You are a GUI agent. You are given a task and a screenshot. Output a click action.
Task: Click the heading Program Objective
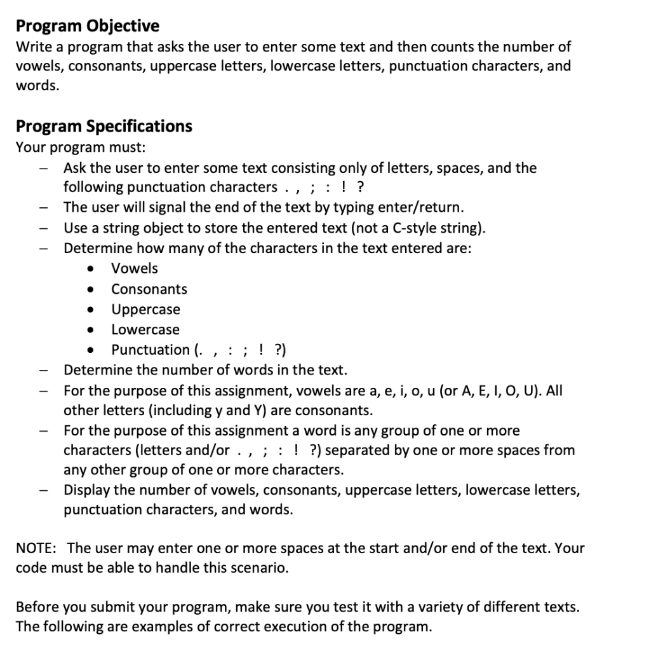[x=87, y=26]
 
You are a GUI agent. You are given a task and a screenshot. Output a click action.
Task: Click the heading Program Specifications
[x=104, y=126]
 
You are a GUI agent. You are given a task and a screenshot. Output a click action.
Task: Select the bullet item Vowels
[x=135, y=268]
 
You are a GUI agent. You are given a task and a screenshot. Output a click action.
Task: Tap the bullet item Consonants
[x=149, y=289]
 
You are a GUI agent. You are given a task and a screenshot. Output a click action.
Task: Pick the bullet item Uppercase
[x=145, y=310]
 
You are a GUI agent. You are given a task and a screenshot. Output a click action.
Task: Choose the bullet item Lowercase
[x=145, y=329]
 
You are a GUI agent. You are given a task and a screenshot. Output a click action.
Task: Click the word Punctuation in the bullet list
[x=150, y=350]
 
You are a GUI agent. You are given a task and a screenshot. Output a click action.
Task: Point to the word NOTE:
[x=37, y=548]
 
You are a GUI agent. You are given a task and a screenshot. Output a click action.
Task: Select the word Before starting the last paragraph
[x=37, y=606]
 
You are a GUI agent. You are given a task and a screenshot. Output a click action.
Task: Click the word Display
[x=86, y=490]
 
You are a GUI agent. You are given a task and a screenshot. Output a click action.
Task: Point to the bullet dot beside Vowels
[x=93, y=269]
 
